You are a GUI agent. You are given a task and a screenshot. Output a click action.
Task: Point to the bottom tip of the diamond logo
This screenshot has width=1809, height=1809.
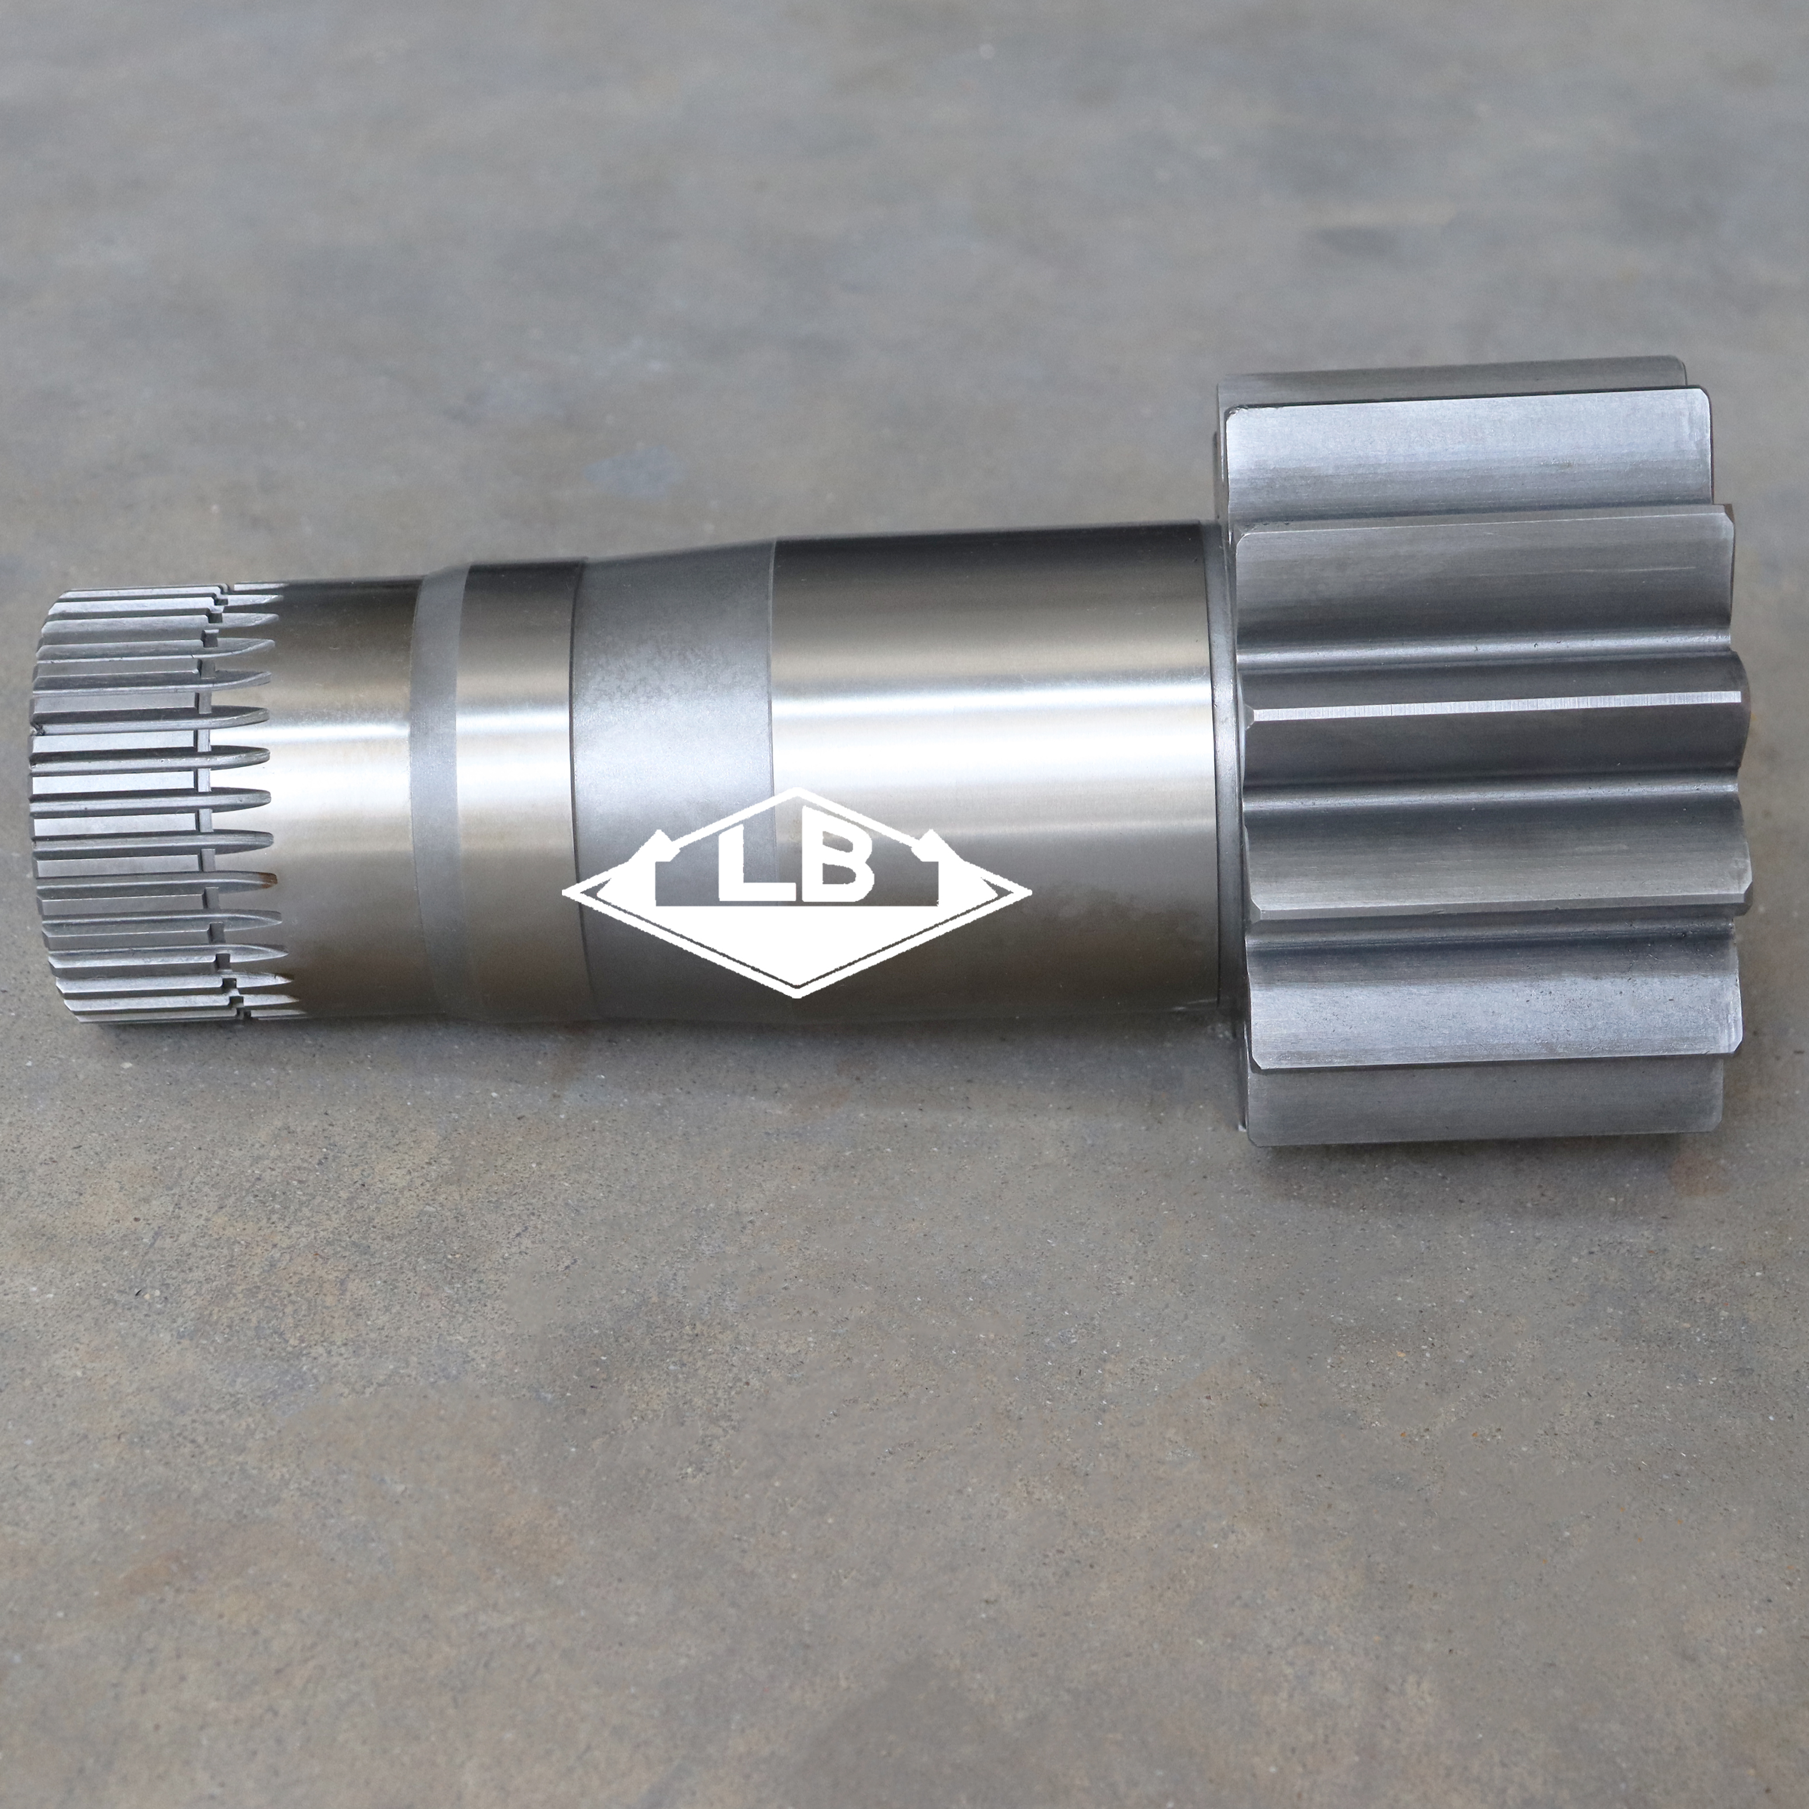click(797, 994)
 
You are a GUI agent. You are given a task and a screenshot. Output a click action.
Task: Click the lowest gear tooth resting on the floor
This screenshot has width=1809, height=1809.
click(1479, 1109)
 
